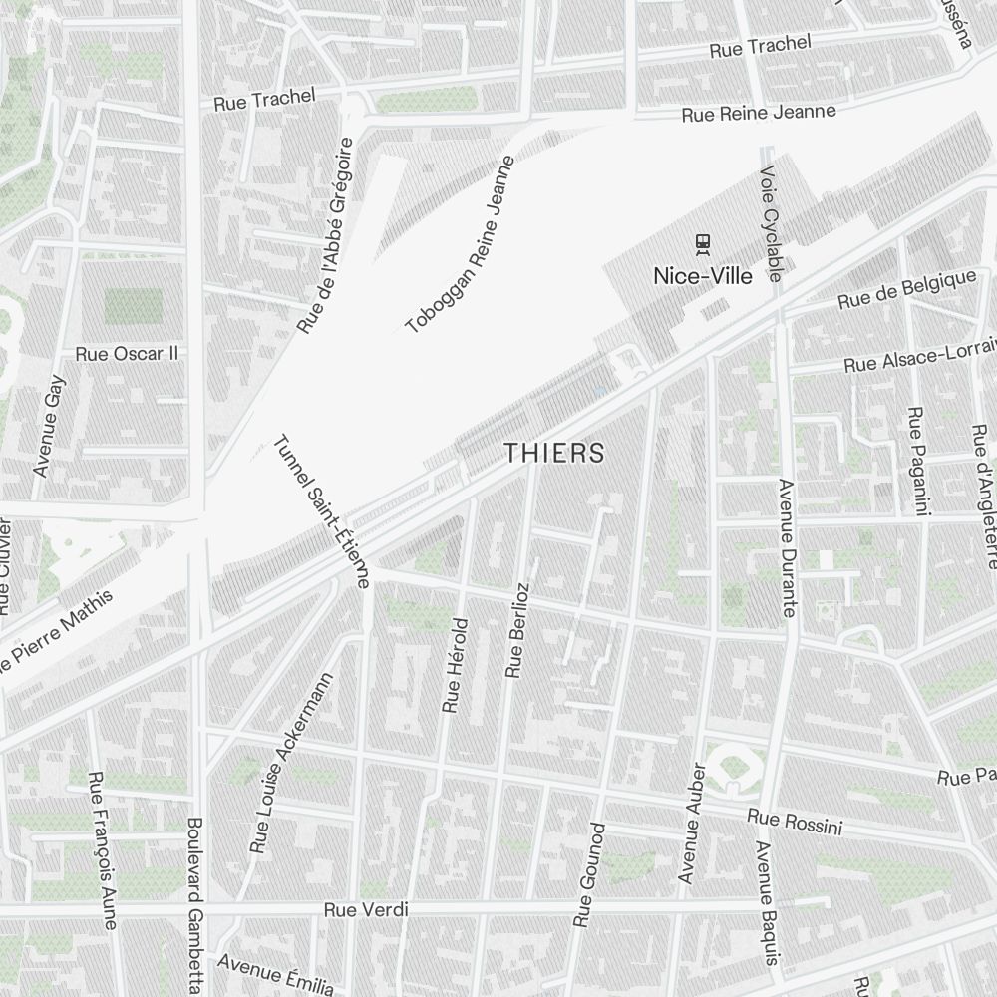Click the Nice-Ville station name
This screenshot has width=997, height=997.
[703, 276]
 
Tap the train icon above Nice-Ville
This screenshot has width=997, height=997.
[703, 241]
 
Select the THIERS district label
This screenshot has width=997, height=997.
[554, 453]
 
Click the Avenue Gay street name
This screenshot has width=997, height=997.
[49, 425]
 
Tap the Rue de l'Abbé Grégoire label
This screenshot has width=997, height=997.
[326, 235]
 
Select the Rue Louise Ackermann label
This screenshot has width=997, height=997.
[291, 763]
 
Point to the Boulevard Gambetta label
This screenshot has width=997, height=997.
[195, 902]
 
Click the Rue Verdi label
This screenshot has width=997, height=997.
[367, 910]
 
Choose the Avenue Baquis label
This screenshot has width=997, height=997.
[766, 903]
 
